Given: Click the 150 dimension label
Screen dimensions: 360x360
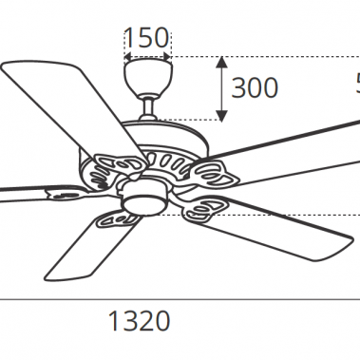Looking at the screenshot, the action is coord(146,38).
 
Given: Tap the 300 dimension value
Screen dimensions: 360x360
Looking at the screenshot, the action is coord(255,88).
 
